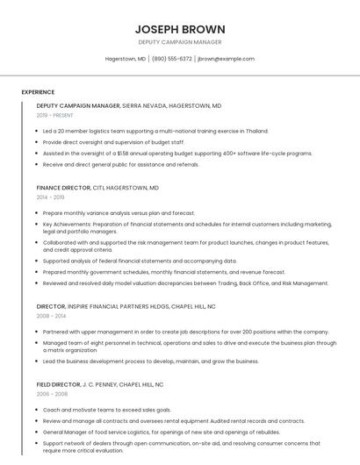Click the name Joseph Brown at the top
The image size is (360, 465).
(179, 29)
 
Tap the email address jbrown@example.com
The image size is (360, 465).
(227, 59)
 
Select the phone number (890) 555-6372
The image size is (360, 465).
(172, 59)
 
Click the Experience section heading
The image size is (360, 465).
(38, 92)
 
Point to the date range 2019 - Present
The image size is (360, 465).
(54, 115)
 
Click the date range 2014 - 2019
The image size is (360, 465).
(50, 197)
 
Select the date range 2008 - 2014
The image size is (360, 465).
(50, 316)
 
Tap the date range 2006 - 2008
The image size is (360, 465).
(50, 395)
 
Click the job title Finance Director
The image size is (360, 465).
(64, 188)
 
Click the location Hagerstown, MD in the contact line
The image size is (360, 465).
(126, 59)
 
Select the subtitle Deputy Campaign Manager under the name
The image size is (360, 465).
(179, 42)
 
